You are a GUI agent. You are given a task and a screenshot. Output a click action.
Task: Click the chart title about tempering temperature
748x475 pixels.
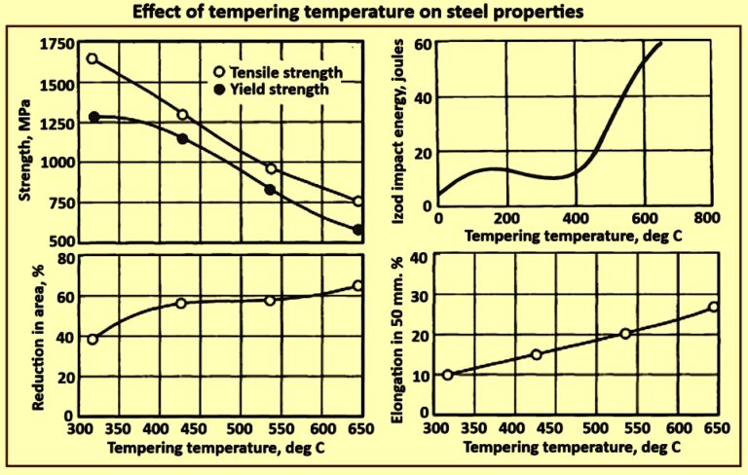point(373,15)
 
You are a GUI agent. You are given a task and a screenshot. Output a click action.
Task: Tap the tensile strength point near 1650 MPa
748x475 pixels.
point(93,58)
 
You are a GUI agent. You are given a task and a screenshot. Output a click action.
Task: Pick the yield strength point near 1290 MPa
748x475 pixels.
point(94,117)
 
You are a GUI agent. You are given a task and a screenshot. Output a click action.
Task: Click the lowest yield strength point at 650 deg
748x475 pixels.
point(357,230)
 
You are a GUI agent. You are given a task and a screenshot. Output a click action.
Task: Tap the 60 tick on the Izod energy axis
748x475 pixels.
point(423,44)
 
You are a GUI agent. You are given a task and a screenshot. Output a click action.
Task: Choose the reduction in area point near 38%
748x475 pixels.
point(93,340)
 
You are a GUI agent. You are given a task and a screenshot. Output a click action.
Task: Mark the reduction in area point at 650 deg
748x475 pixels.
point(357,286)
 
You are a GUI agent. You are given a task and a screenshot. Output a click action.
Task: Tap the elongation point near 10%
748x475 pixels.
point(448,375)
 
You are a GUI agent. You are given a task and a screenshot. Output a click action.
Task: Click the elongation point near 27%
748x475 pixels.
point(713,307)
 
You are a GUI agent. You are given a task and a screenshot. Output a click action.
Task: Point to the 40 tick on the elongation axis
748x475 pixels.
point(423,258)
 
